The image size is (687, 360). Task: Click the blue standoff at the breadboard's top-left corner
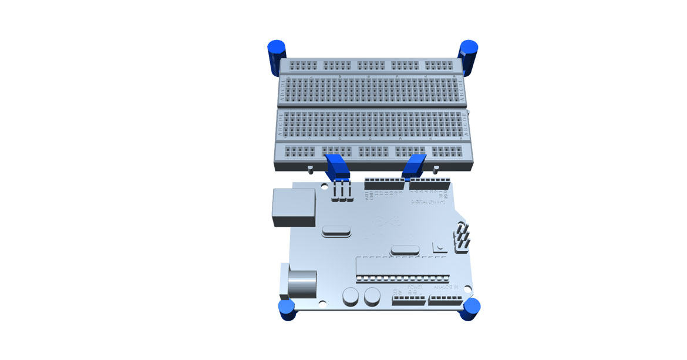pos(275,58)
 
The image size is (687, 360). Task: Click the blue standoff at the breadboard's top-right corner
pos(469,56)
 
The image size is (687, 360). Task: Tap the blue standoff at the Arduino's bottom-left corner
pos(287,309)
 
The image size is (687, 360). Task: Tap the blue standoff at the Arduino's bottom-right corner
pos(470,309)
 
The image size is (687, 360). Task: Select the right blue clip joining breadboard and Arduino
pos(415,166)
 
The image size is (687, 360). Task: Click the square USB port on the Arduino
pos(294,207)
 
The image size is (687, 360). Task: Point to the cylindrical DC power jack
pos(301,284)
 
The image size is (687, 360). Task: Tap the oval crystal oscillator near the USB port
pos(335,233)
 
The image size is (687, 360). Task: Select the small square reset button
pos(438,247)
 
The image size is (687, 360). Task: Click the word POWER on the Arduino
pos(408,287)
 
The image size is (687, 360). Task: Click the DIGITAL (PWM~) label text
pos(427,201)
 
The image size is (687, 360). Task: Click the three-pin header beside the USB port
pos(342,191)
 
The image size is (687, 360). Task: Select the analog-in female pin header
pos(445,300)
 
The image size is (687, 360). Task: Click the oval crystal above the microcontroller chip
pos(405,250)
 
